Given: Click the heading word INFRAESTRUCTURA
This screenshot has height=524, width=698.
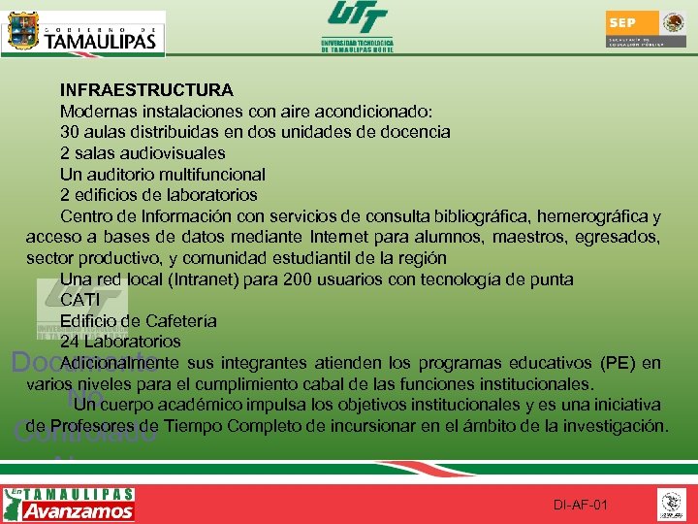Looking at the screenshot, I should coord(146,90).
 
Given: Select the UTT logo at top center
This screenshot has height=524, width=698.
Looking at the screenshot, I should coord(357,27).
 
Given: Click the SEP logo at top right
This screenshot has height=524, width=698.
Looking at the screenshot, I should coord(646,29).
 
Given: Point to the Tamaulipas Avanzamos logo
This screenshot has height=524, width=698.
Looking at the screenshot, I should coord(69,504).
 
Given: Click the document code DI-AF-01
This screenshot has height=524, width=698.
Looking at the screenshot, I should coord(581,505).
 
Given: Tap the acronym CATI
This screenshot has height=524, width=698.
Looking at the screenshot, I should coord(80,300).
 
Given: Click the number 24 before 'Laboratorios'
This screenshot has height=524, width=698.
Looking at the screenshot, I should coord(70,342).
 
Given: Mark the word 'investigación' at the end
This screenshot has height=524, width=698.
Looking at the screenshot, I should coord(617,426).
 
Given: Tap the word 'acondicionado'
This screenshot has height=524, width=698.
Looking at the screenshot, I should coord(371,112).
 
